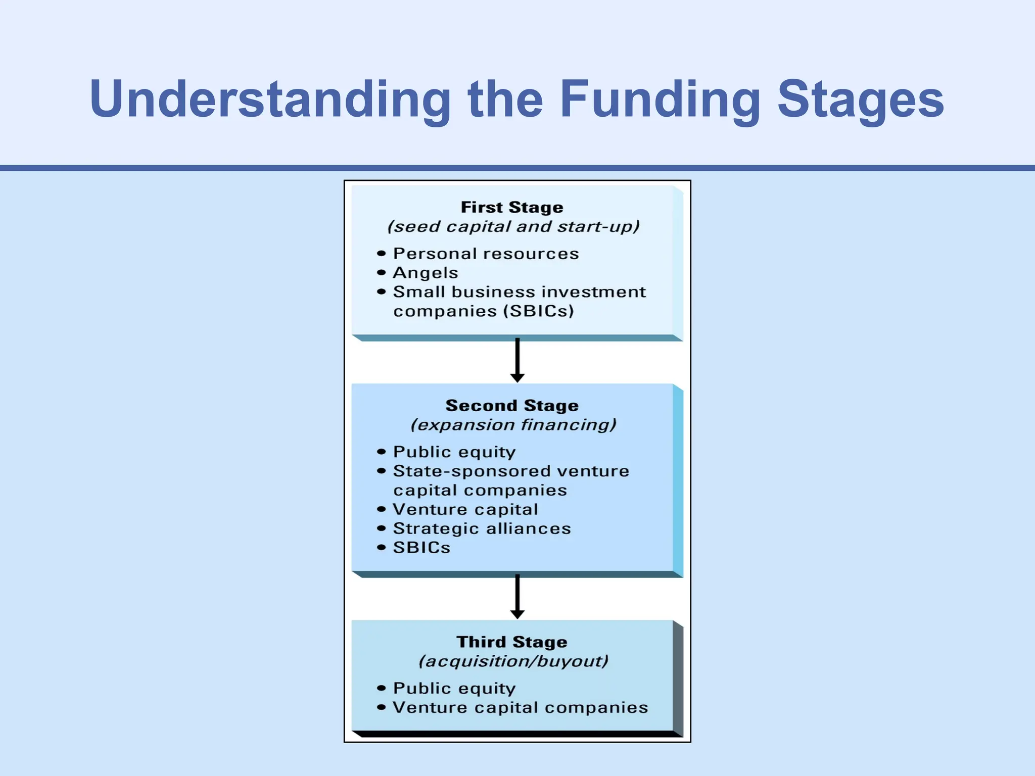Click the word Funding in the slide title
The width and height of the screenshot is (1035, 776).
pos(660,100)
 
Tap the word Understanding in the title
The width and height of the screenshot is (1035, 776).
pos(270,100)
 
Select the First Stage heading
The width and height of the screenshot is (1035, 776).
pos(512,207)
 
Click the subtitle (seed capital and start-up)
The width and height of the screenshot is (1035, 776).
pos(513,227)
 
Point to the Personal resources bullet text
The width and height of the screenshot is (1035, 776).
pos(486,254)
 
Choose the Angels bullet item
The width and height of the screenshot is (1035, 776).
pos(425,273)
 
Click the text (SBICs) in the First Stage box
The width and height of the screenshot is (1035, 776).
pos(539,311)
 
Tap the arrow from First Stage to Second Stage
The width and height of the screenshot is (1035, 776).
pos(517,360)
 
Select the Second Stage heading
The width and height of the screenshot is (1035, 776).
pos(512,406)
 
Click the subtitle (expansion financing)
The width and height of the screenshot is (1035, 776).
pos(513,425)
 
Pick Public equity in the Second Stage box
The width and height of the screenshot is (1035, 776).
pos(454,452)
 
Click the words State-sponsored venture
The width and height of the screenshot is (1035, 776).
pos(511,471)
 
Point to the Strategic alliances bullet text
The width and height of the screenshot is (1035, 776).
pos(482,529)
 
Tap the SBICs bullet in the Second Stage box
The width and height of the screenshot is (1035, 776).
pos(421,548)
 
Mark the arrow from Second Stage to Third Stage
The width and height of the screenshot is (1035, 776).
pos(517,596)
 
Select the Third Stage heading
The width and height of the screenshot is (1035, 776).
pos(512,642)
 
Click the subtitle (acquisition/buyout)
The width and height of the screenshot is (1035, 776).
pos(513,661)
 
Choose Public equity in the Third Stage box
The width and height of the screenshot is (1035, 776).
pos(454,689)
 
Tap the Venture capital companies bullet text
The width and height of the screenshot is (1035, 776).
pos(520,708)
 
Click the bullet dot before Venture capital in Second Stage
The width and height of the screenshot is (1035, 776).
pos(382,510)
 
